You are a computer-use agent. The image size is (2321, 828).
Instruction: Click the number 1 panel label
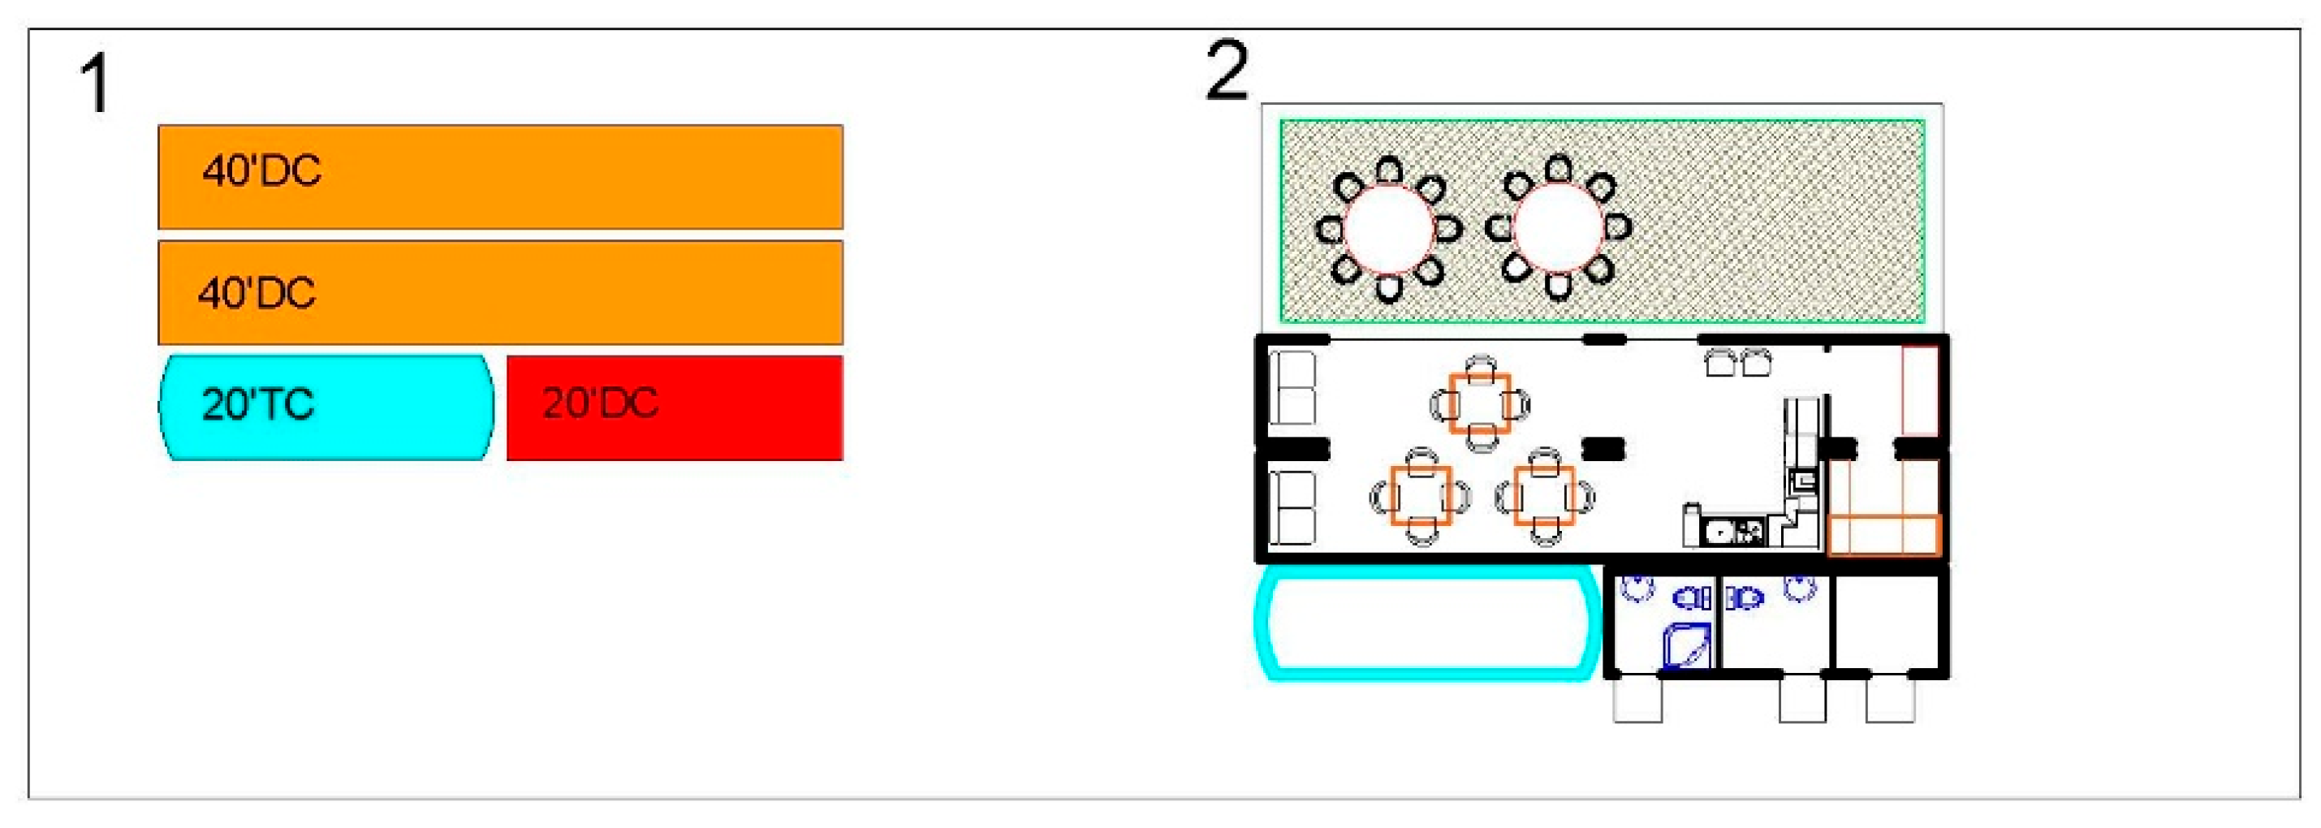(96, 84)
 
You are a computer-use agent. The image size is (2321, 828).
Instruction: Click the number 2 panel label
(1227, 71)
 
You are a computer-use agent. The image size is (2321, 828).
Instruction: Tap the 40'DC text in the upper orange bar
(261, 171)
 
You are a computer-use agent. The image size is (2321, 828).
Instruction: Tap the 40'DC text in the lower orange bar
(257, 294)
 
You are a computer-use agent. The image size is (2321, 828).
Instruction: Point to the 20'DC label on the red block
(600, 403)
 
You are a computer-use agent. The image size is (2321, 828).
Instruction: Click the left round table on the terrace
(1387, 229)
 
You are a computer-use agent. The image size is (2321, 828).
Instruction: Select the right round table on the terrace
(1558, 227)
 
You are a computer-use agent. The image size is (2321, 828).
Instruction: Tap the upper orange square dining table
(1479, 403)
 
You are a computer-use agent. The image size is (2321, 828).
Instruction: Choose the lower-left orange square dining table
(1420, 495)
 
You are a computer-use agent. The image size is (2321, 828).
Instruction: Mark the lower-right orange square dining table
(1543, 495)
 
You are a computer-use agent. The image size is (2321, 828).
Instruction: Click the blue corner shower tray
(1686, 646)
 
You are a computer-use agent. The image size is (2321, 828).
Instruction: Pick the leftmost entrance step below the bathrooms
(1637, 699)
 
